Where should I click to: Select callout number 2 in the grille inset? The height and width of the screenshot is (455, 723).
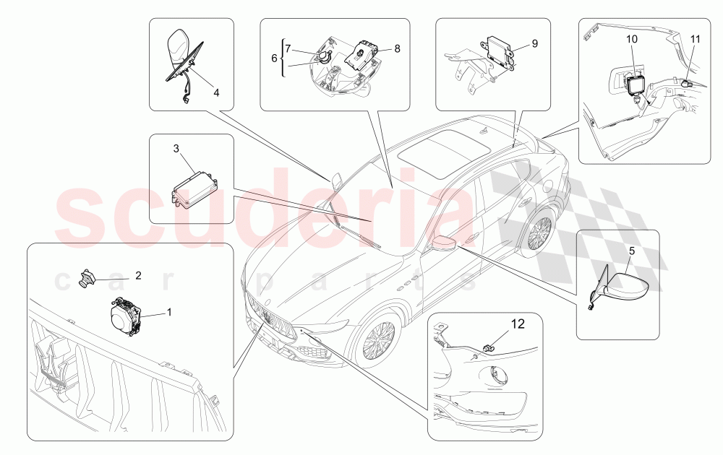(x=137, y=275)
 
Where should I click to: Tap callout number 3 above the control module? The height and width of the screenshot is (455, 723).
(x=175, y=148)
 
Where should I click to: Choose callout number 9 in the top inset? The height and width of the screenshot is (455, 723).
(x=535, y=43)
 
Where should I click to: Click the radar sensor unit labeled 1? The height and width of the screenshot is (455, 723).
(x=127, y=316)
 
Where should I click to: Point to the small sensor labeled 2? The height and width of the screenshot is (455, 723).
(x=90, y=277)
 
